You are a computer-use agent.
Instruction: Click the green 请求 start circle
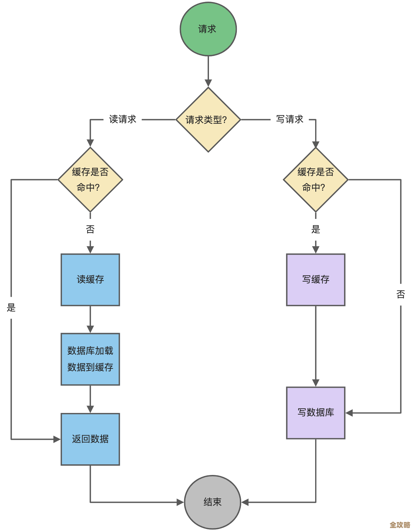click(x=208, y=29)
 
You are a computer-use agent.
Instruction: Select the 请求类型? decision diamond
click(x=208, y=120)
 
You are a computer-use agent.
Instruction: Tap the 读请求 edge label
click(x=122, y=119)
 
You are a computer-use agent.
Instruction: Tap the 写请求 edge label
click(x=290, y=119)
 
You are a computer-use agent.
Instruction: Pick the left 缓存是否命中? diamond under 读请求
click(x=90, y=179)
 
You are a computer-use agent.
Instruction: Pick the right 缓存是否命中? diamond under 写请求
click(x=315, y=179)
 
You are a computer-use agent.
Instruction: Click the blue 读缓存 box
click(x=90, y=280)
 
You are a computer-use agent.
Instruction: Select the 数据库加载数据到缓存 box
click(x=90, y=359)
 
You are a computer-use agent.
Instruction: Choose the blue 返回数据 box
click(x=90, y=439)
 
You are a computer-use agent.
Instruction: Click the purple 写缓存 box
click(x=315, y=280)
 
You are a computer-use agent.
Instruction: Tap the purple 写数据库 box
click(x=315, y=413)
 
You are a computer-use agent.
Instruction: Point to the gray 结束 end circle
click(x=212, y=502)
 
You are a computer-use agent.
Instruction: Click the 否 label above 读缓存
click(x=90, y=229)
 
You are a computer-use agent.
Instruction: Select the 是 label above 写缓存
click(x=315, y=229)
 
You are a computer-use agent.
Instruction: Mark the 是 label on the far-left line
click(x=11, y=308)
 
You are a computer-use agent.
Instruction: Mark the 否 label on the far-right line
click(x=401, y=294)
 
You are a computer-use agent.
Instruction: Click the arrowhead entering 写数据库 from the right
click(x=349, y=413)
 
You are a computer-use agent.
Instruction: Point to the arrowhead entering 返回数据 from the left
click(x=57, y=439)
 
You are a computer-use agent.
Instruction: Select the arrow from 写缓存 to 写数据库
click(x=315, y=345)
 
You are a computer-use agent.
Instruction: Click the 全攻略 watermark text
click(x=399, y=525)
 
